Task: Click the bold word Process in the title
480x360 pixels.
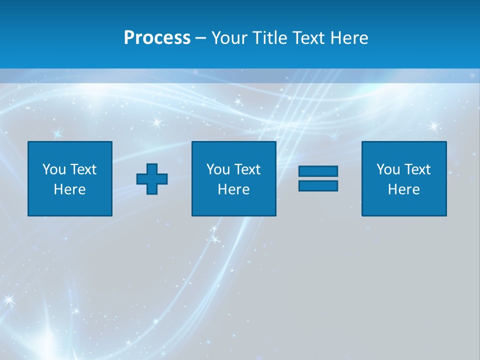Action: pos(157,38)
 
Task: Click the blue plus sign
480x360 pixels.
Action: pos(152,179)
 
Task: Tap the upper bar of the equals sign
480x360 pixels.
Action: pos(318,171)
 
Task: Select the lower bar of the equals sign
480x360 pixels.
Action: pos(318,185)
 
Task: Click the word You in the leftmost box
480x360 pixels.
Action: pos(54,169)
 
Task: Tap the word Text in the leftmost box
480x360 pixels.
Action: pos(83,169)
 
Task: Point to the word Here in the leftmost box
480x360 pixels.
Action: pos(70,189)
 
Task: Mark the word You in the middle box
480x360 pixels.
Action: pos(218,169)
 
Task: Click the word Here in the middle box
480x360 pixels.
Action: pos(234,189)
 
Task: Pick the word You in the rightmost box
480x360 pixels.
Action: pos(388,169)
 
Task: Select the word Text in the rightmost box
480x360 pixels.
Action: pos(417,169)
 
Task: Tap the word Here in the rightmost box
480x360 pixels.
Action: pos(404,189)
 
